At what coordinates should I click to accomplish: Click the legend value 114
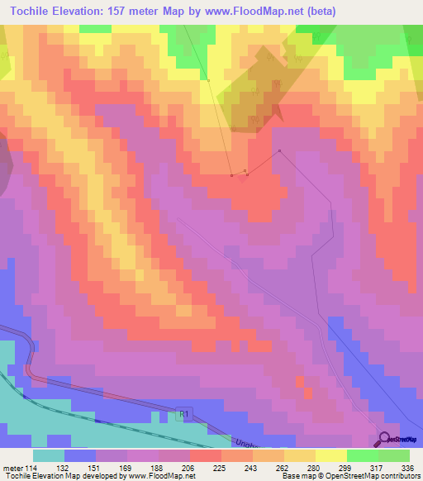pos(31,468)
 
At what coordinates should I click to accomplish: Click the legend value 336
pos(407,468)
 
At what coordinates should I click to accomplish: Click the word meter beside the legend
pos(12,468)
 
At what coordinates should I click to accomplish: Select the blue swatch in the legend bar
pos(80,455)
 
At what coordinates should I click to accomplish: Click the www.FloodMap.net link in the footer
pos(157,476)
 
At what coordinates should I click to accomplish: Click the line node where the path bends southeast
pos(280,150)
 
